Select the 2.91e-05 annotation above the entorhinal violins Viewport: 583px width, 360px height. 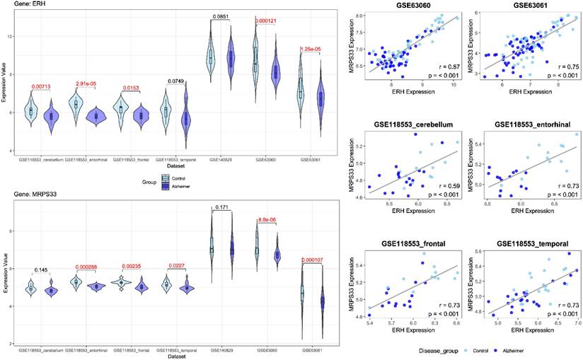[x=86, y=83]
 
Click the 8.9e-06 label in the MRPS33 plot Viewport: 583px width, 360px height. [x=266, y=221]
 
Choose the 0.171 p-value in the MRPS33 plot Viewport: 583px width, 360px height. [x=221, y=207]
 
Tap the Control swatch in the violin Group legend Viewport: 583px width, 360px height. [x=166, y=178]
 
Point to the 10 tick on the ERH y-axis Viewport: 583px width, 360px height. [x=7, y=35]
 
